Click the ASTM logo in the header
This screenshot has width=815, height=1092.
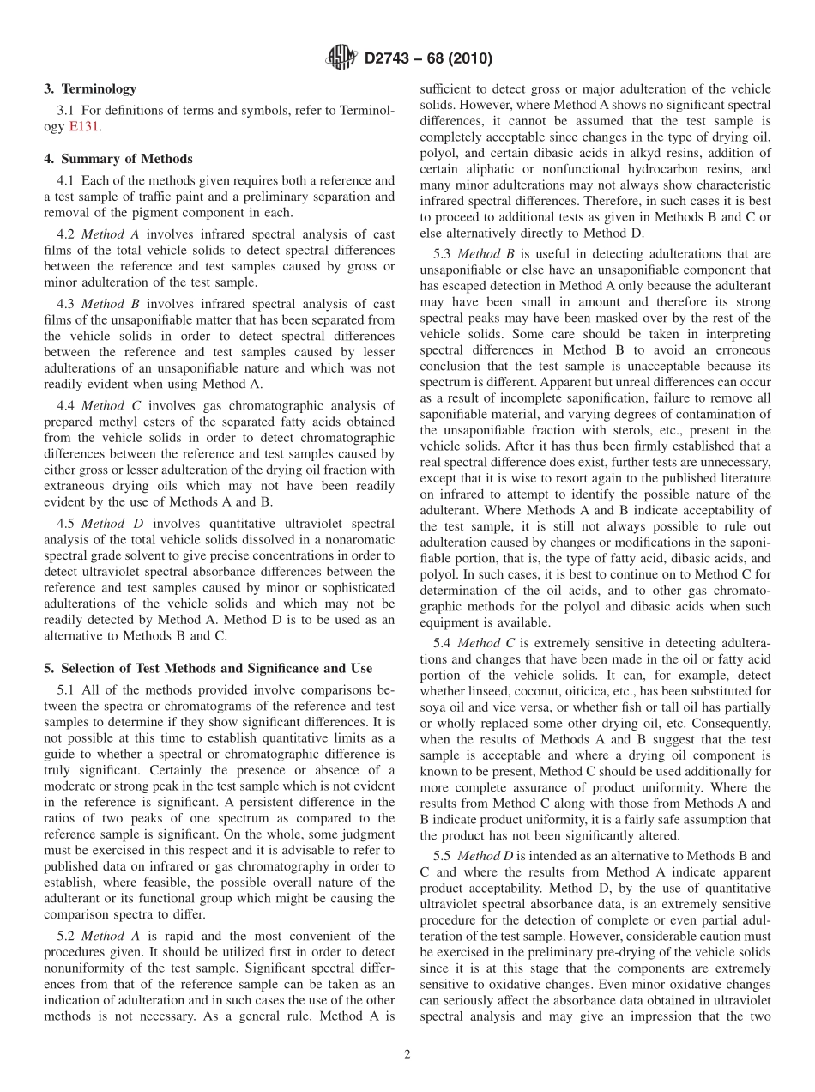[341, 58]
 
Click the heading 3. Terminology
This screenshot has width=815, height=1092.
[90, 88]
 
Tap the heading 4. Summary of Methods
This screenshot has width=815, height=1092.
[118, 159]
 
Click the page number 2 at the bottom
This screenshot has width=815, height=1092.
[407, 1055]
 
